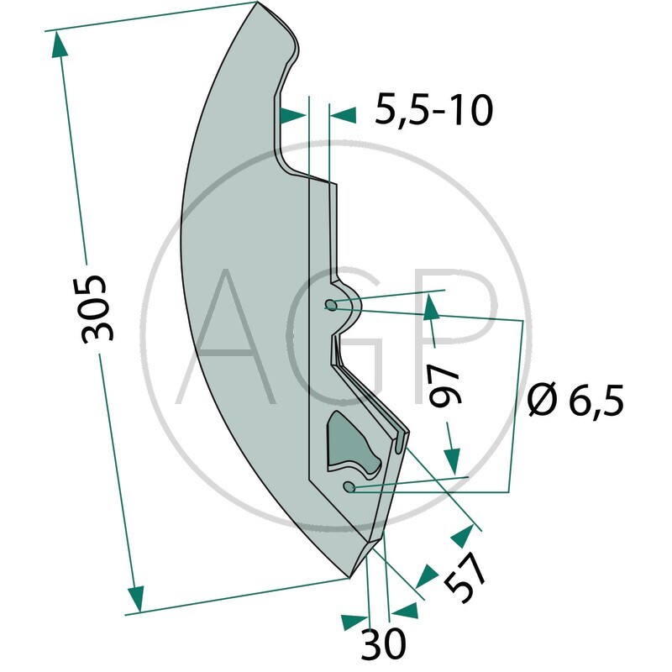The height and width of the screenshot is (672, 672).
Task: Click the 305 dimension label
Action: (93, 309)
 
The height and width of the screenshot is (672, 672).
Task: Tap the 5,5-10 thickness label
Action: (433, 111)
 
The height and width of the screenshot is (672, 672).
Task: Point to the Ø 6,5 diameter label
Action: (575, 399)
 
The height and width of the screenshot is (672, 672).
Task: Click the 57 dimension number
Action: (465, 576)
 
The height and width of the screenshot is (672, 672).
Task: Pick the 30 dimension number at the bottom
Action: (383, 643)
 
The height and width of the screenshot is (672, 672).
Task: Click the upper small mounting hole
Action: (331, 305)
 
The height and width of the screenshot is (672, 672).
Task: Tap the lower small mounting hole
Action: (349, 486)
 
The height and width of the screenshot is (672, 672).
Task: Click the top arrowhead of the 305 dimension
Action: (59, 45)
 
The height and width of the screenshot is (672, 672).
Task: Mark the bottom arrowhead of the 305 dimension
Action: (136, 599)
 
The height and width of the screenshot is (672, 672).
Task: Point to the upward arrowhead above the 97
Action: (431, 307)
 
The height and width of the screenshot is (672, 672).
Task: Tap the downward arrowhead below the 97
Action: (452, 461)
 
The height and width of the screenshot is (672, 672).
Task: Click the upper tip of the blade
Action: (258, 3)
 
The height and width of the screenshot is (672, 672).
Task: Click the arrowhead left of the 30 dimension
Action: (354, 622)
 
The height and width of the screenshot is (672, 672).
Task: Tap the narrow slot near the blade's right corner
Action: (400, 443)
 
